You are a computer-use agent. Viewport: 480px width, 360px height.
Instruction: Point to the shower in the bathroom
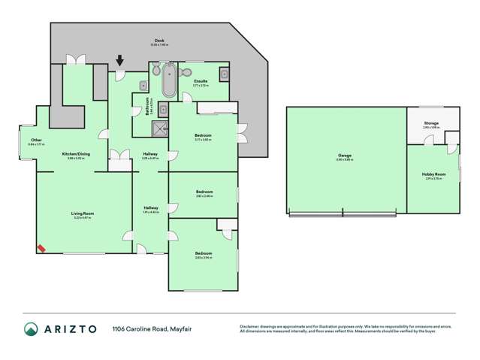(159, 128)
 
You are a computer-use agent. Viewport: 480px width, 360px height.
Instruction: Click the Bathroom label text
(148, 105)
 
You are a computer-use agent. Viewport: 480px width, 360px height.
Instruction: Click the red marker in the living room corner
(41, 248)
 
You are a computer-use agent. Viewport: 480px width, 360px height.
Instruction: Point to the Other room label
(36, 140)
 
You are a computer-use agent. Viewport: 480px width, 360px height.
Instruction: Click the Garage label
(345, 156)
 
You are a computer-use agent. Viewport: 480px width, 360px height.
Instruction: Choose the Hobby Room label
(433, 175)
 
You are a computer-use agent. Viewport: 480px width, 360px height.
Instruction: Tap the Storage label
(430, 123)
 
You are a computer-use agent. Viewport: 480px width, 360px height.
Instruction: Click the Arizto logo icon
(31, 329)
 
